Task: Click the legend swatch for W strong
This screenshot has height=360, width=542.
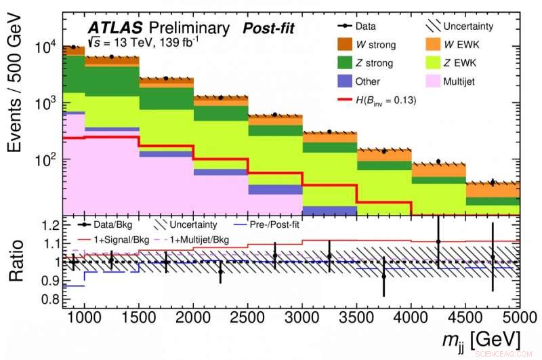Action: click(347, 45)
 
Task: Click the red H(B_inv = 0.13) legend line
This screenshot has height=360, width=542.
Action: click(347, 100)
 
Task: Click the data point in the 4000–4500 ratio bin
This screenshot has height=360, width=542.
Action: click(438, 241)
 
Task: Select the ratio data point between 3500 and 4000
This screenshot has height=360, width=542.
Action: click(383, 276)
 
